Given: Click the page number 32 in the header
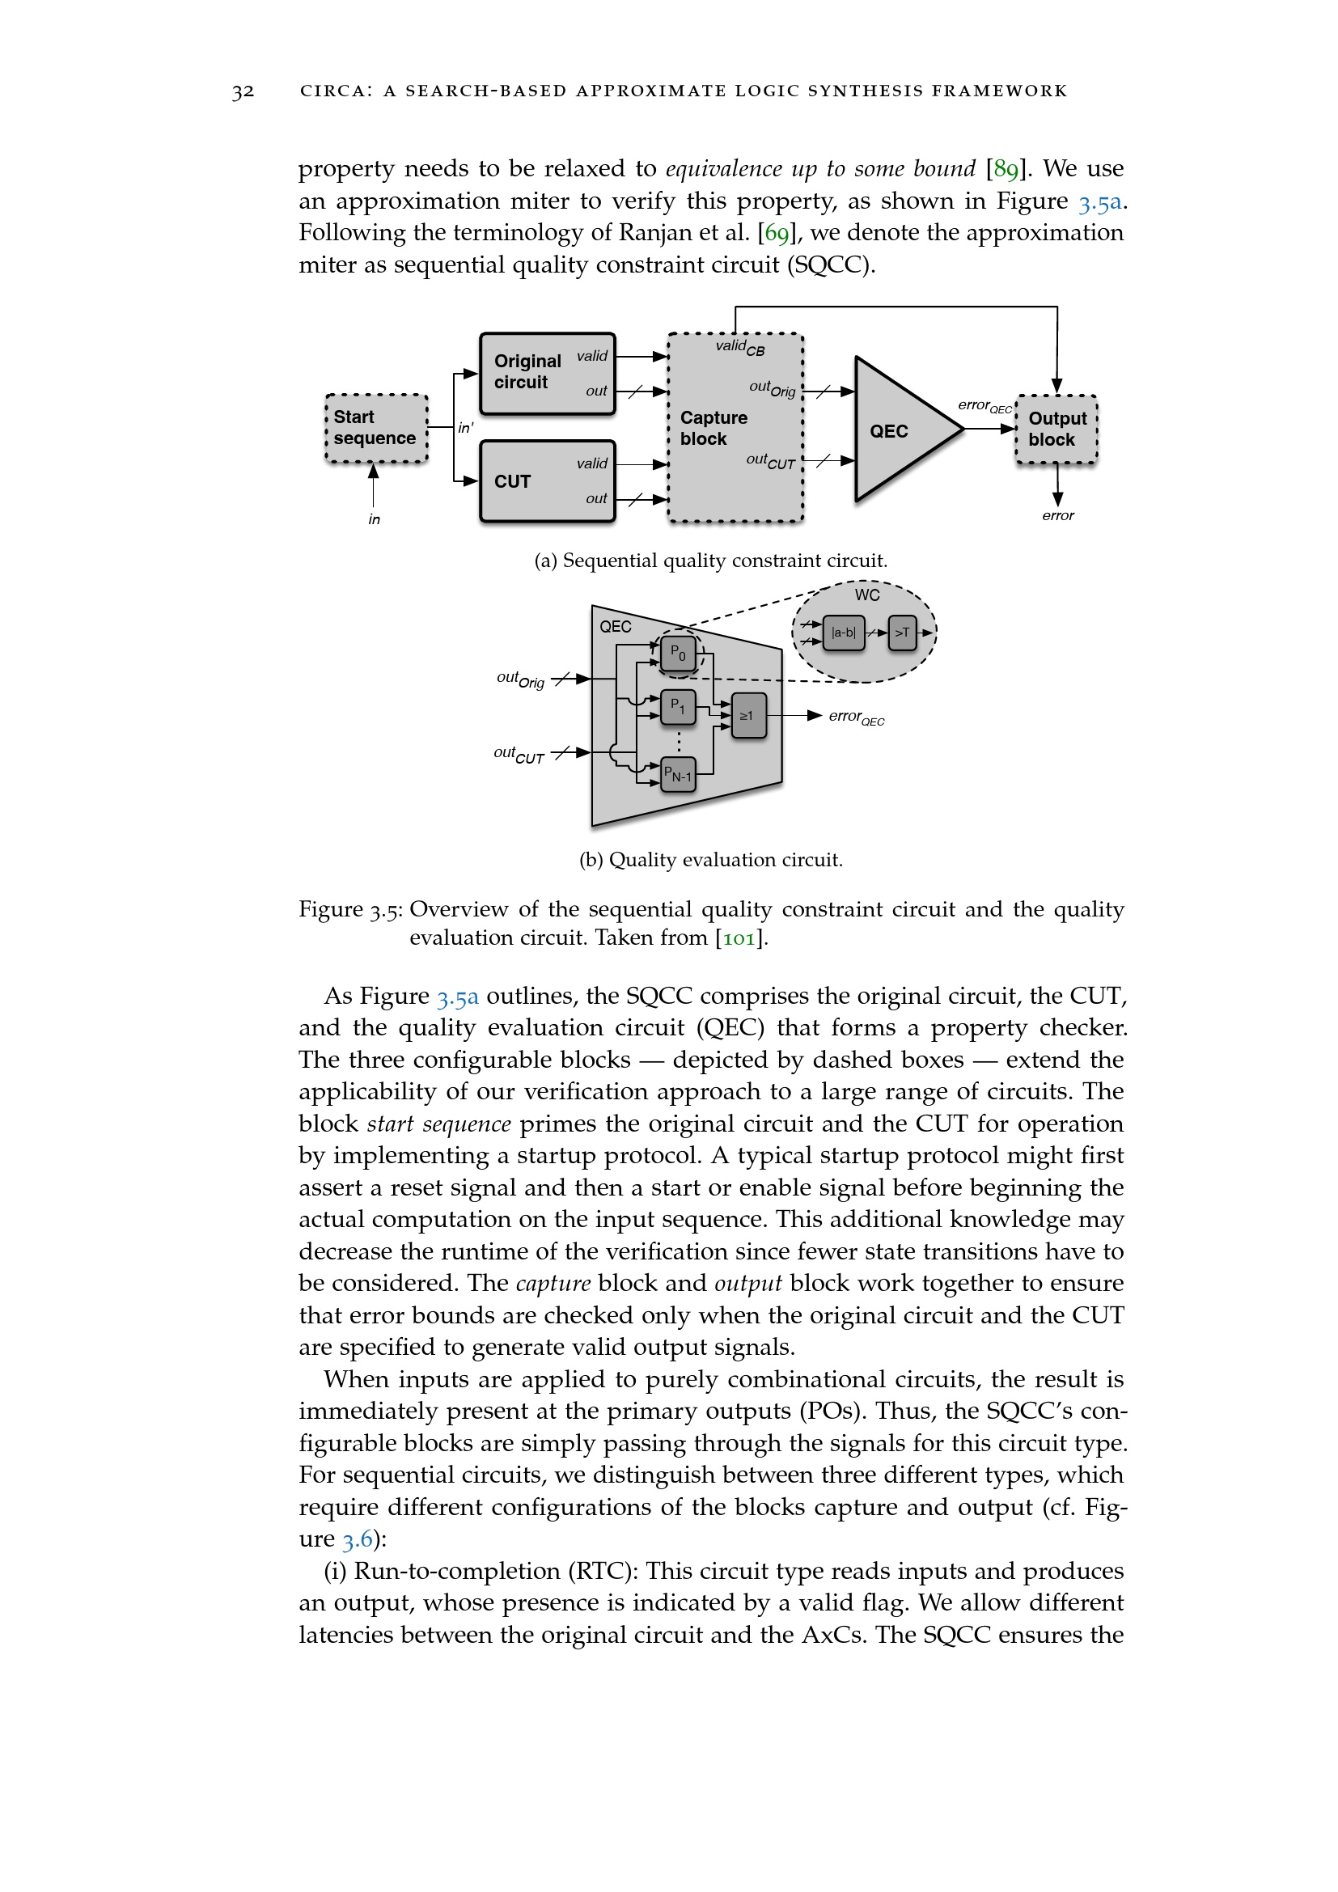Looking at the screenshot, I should point(243,91).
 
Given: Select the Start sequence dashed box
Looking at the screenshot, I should point(376,429).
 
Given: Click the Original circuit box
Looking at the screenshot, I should point(547,373).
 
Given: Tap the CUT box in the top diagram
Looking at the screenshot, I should point(547,481).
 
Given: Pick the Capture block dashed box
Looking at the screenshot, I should point(735,428).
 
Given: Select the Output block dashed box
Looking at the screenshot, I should point(1056,430).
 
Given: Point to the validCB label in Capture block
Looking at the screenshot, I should point(740,347).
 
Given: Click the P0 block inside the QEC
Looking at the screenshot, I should point(678,654).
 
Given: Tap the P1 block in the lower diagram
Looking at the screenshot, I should point(678,706).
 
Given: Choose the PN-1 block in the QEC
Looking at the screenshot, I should point(678,775).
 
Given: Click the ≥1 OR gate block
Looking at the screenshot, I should point(748,715).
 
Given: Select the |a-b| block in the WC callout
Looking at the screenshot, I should point(844,633).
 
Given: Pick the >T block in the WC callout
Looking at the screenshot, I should point(902,633).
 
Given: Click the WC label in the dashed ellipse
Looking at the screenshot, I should point(866,595).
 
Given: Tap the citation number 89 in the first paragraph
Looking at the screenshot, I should point(1006,169).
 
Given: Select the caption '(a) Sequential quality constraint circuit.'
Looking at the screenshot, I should point(711,561).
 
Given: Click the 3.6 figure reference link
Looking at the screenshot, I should point(358,1539).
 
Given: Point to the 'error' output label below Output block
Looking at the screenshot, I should point(1058,516).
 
